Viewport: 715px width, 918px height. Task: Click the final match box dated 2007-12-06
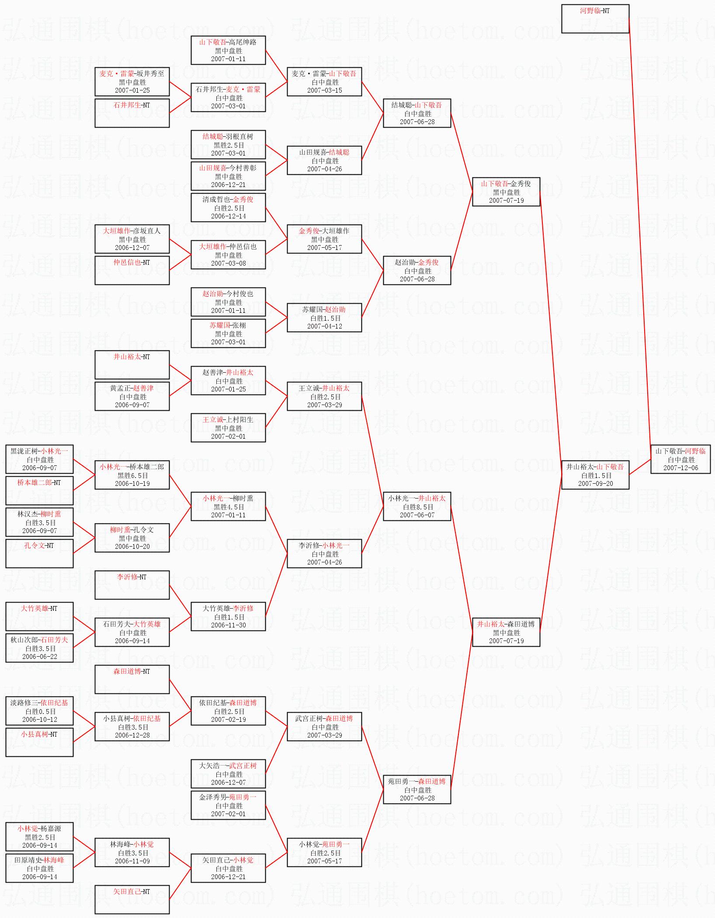coord(680,459)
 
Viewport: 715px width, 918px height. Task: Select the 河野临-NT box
coord(595,19)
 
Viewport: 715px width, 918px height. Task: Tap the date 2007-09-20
coord(595,484)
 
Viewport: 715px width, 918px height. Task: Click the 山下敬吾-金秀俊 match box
coord(506,191)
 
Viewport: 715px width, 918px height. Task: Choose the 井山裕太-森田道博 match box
coord(506,632)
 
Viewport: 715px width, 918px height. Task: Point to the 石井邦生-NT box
coord(132,113)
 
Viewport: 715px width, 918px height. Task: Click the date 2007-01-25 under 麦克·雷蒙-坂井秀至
coord(132,90)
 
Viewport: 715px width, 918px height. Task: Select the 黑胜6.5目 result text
coord(132,475)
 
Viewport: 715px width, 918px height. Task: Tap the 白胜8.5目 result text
coord(417,507)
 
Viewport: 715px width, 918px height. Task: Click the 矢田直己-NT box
coord(132,900)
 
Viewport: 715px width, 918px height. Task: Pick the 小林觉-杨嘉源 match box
coord(39,836)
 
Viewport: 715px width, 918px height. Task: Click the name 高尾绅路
coord(243,42)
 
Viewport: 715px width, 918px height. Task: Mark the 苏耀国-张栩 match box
coord(228,333)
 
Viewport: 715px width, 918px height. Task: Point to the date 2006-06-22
coord(39,657)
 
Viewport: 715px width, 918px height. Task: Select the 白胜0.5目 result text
coord(39,711)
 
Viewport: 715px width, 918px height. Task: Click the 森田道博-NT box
coord(132,679)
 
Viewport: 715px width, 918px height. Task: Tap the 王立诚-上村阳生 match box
coord(228,427)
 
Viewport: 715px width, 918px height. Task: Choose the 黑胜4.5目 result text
coord(228,507)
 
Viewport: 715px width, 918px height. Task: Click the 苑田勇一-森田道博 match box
coord(417,789)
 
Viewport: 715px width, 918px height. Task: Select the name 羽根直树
coord(239,136)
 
